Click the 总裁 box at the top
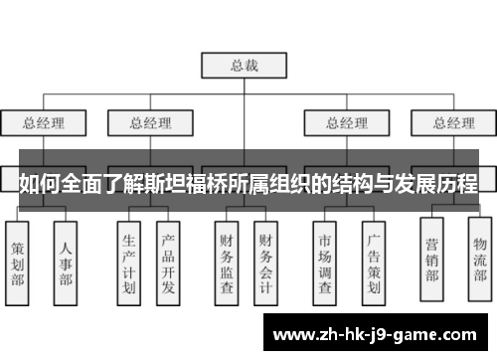point(244,66)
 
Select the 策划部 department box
point(19,261)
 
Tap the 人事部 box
point(65,261)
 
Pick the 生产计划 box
point(128,261)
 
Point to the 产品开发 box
point(169,261)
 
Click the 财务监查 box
point(228,261)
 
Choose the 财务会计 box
point(266,261)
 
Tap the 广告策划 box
point(373,261)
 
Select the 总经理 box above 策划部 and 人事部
point(44,124)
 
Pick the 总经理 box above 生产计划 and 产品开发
point(151,124)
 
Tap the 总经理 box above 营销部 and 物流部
point(453,124)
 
